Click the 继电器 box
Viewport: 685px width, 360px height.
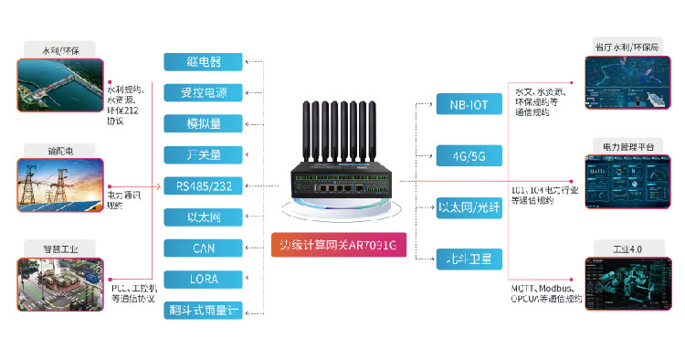[x=204, y=62]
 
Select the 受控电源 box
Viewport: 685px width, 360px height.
[x=204, y=92]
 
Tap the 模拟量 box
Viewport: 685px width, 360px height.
[x=204, y=123]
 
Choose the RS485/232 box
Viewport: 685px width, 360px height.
[x=204, y=185]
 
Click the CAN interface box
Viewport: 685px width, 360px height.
[x=204, y=248]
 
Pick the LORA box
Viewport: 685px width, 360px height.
[x=204, y=279]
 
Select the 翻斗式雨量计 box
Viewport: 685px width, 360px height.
[x=204, y=310]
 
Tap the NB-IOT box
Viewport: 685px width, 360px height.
[x=469, y=104]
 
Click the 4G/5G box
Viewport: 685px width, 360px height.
[x=469, y=155]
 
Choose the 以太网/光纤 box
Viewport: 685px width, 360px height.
[x=469, y=206]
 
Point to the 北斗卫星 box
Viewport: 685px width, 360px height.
[x=469, y=259]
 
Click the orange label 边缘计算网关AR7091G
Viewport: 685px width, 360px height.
[x=340, y=245]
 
